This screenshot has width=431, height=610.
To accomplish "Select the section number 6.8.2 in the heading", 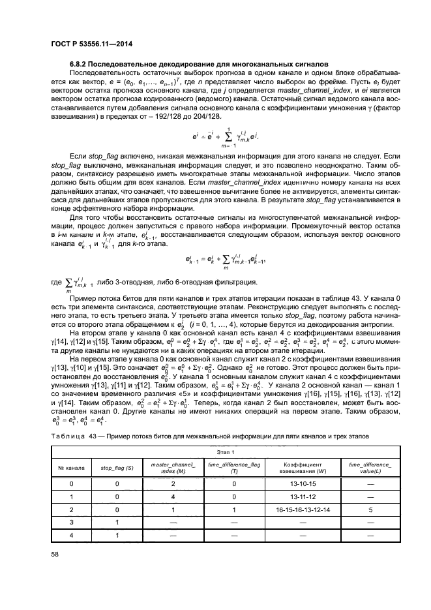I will coord(80,64).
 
